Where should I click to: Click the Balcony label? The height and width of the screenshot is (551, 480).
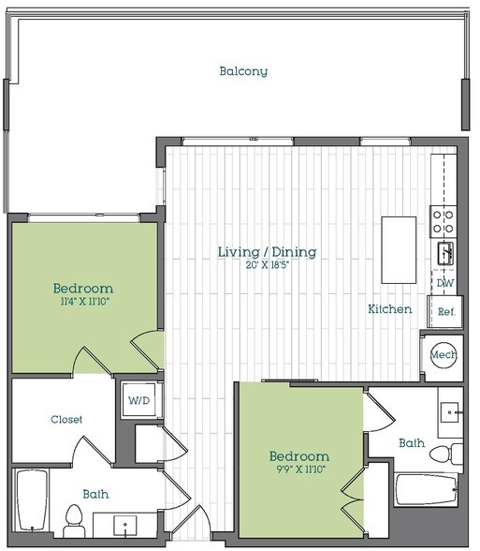pos(243,71)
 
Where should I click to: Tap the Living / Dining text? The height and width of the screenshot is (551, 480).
pos(267,252)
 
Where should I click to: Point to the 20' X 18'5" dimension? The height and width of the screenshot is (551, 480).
pos(267,266)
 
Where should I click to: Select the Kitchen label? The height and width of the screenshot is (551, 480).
pos(389,308)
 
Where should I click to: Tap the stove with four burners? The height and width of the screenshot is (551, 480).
pos(443,221)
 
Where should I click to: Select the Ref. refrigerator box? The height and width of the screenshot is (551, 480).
pos(445,311)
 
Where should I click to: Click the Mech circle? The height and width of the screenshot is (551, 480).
pos(443,355)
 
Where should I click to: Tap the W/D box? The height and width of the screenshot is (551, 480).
pos(138,400)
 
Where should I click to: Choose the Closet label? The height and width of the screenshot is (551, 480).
pos(66,419)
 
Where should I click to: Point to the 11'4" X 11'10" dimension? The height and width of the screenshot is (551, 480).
pos(83,302)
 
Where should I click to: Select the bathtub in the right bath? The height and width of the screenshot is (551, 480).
pos(426,489)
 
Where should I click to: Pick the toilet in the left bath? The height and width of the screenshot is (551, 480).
pos(74,518)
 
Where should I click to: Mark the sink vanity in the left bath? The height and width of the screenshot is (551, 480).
pos(124,523)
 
